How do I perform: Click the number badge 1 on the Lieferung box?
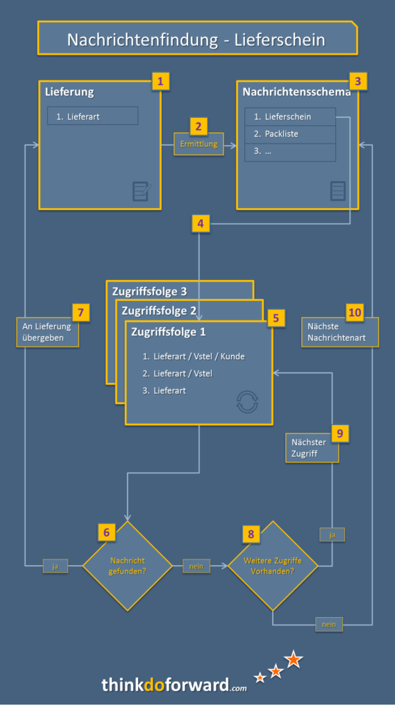pyautogui.click(x=160, y=82)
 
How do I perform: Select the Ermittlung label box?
pyautogui.click(x=199, y=144)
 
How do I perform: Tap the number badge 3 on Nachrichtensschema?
pyautogui.click(x=358, y=82)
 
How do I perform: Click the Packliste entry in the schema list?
pyautogui.click(x=290, y=134)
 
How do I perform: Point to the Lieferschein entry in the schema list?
pyautogui.click(x=290, y=116)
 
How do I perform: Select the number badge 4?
pyautogui.click(x=201, y=224)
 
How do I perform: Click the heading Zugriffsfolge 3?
pyautogui.click(x=150, y=291)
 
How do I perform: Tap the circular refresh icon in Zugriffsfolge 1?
pyautogui.click(x=247, y=401)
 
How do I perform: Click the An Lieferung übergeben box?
pyautogui.click(x=48, y=332)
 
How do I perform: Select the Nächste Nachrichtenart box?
pyautogui.click(x=340, y=332)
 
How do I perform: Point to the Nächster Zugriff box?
pyautogui.click(x=312, y=447)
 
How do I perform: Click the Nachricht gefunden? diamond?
pyautogui.click(x=128, y=566)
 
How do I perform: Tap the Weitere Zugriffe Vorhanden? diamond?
pyautogui.click(x=273, y=566)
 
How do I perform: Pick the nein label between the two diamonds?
pyautogui.click(x=196, y=566)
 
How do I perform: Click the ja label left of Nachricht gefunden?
pyautogui.click(x=56, y=566)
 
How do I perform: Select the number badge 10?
pyautogui.click(x=355, y=313)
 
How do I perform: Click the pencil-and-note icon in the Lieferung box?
pyautogui.click(x=142, y=191)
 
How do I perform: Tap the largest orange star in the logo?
pyautogui.click(x=294, y=659)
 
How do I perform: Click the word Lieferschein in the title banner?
pyautogui.click(x=280, y=40)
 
